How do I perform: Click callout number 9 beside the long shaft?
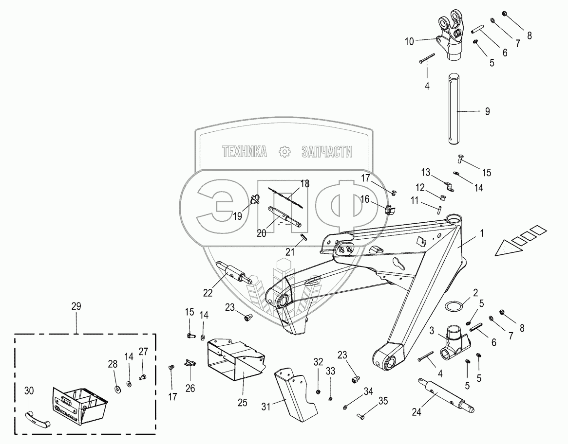pos(487,111)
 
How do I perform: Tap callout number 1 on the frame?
pos(481,233)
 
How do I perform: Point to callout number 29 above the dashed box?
pos(76,306)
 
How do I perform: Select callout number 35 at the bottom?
pos(383,401)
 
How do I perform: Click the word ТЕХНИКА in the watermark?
pos(245,152)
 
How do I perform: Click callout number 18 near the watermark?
pos(305,184)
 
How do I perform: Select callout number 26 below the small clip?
pos(189,388)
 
